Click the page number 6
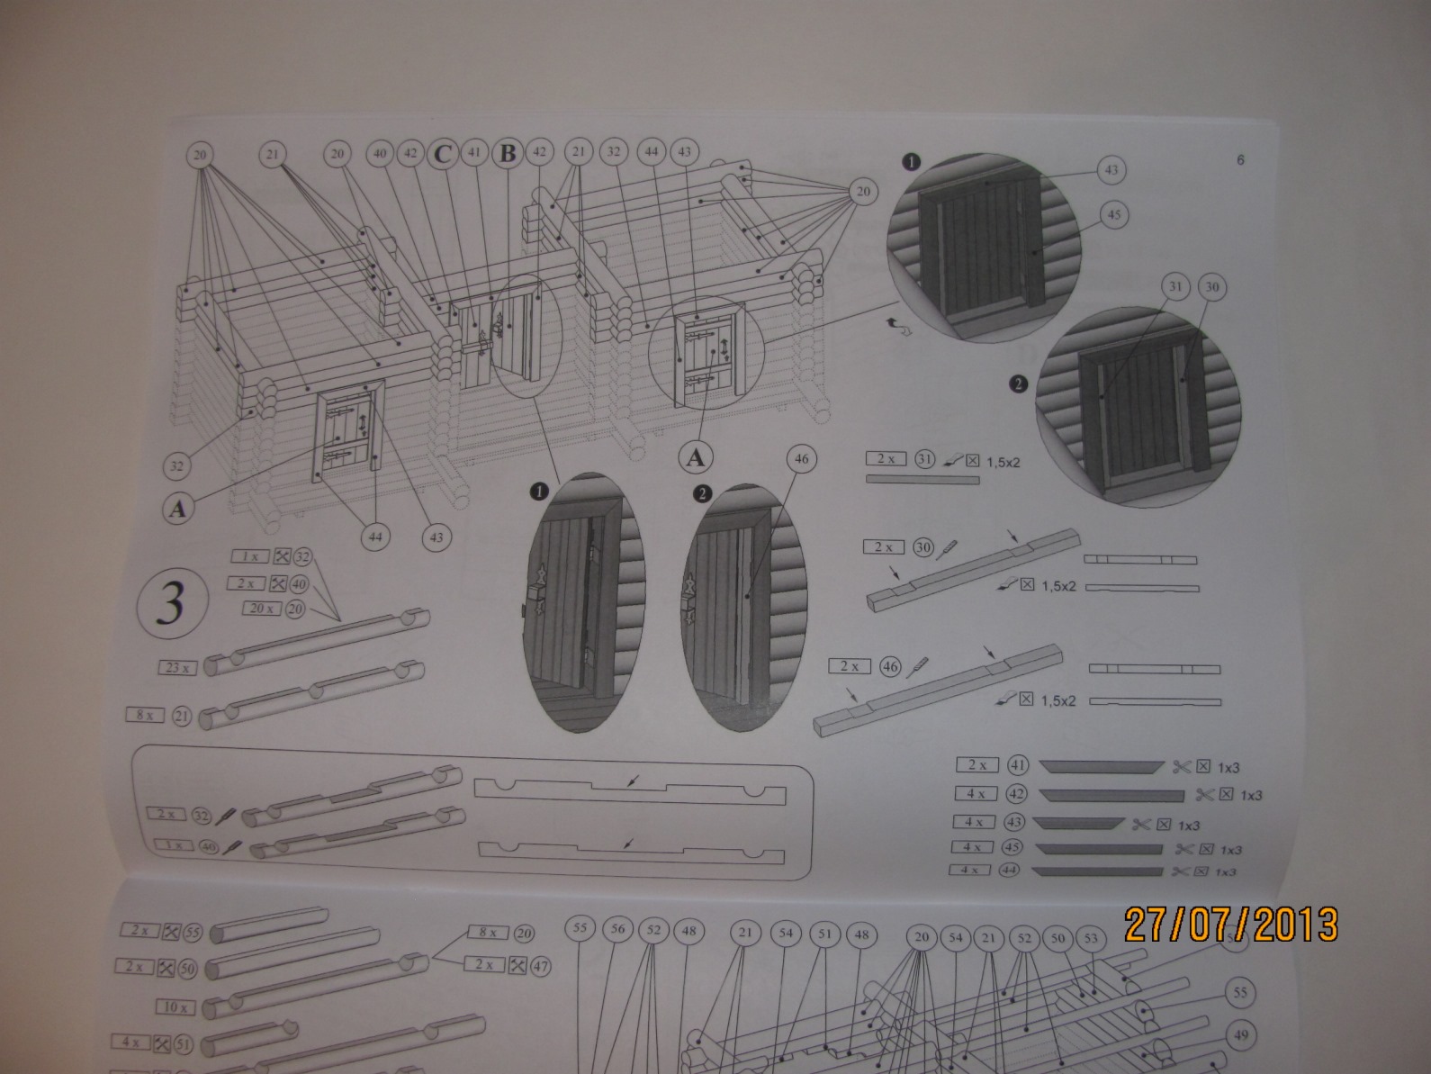pyautogui.click(x=1240, y=160)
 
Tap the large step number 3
pyautogui.click(x=171, y=604)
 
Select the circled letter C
pyautogui.click(x=442, y=154)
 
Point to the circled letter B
pyautogui.click(x=508, y=154)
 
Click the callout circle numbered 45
pyautogui.click(x=1113, y=215)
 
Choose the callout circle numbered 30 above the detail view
pyautogui.click(x=1212, y=288)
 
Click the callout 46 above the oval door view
pyautogui.click(x=801, y=459)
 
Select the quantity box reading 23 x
pyautogui.click(x=175, y=668)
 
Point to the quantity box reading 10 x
pyautogui.click(x=175, y=1007)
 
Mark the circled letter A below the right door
pyautogui.click(x=695, y=457)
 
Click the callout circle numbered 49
pyautogui.click(x=1240, y=1035)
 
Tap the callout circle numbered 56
pyautogui.click(x=617, y=928)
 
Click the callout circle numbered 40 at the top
pyautogui.click(x=379, y=154)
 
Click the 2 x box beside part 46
pyautogui.click(x=850, y=666)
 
